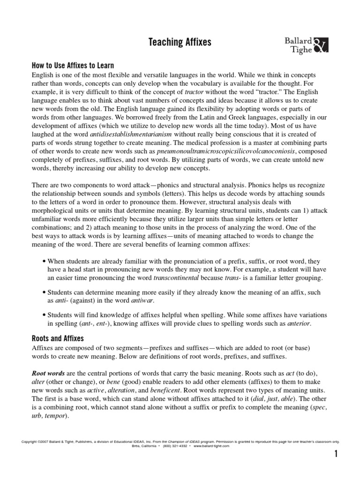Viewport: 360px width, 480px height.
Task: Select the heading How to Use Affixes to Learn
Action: [x=73, y=66]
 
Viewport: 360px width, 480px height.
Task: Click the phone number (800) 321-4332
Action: [x=175, y=446]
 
